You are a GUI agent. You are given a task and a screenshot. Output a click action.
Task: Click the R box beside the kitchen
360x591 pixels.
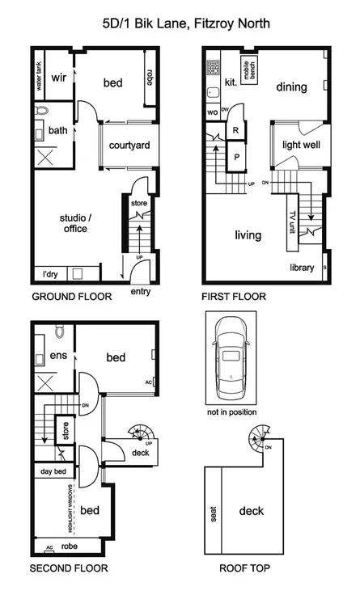pos(236,129)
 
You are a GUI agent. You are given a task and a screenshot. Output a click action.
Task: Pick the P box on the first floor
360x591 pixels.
pos(236,157)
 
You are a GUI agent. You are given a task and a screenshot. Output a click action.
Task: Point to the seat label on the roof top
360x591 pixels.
pos(214,514)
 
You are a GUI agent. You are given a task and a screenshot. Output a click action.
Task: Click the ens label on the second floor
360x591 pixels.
pos(57,356)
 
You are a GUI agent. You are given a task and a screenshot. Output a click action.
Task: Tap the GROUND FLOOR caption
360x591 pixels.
pos(71,297)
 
